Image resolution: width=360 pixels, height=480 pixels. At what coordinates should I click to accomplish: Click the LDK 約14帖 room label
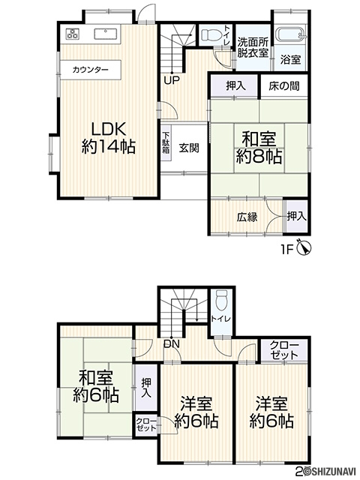tap(109, 138)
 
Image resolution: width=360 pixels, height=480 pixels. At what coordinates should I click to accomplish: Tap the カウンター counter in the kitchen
tap(90, 70)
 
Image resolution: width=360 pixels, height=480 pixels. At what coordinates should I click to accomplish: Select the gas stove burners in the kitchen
tap(73, 34)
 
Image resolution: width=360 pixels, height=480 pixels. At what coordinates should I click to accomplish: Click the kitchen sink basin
tap(106, 34)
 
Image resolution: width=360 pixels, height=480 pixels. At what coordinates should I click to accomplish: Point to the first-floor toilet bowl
tap(210, 35)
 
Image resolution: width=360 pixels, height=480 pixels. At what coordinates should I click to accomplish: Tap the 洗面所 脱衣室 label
tap(253, 47)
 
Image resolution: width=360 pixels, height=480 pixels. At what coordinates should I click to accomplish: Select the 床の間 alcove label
tap(283, 86)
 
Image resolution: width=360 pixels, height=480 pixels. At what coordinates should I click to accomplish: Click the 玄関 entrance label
tap(189, 148)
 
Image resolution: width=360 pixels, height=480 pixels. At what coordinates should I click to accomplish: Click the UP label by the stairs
tap(172, 80)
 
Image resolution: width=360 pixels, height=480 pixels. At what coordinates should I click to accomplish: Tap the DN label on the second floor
tap(172, 343)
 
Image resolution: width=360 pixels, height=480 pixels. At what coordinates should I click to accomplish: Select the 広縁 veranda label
tap(247, 217)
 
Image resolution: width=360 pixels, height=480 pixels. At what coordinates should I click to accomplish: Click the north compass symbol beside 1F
tap(306, 248)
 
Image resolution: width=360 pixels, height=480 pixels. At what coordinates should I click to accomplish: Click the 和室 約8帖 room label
tap(258, 148)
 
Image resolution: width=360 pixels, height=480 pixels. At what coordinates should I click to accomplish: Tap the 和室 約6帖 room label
tap(95, 386)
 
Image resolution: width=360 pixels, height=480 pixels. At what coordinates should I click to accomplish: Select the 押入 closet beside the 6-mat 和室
tap(146, 388)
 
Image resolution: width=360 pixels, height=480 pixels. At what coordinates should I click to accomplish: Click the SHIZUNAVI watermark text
tap(332, 476)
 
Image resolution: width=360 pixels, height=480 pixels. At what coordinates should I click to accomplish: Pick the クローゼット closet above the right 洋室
tap(283, 351)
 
